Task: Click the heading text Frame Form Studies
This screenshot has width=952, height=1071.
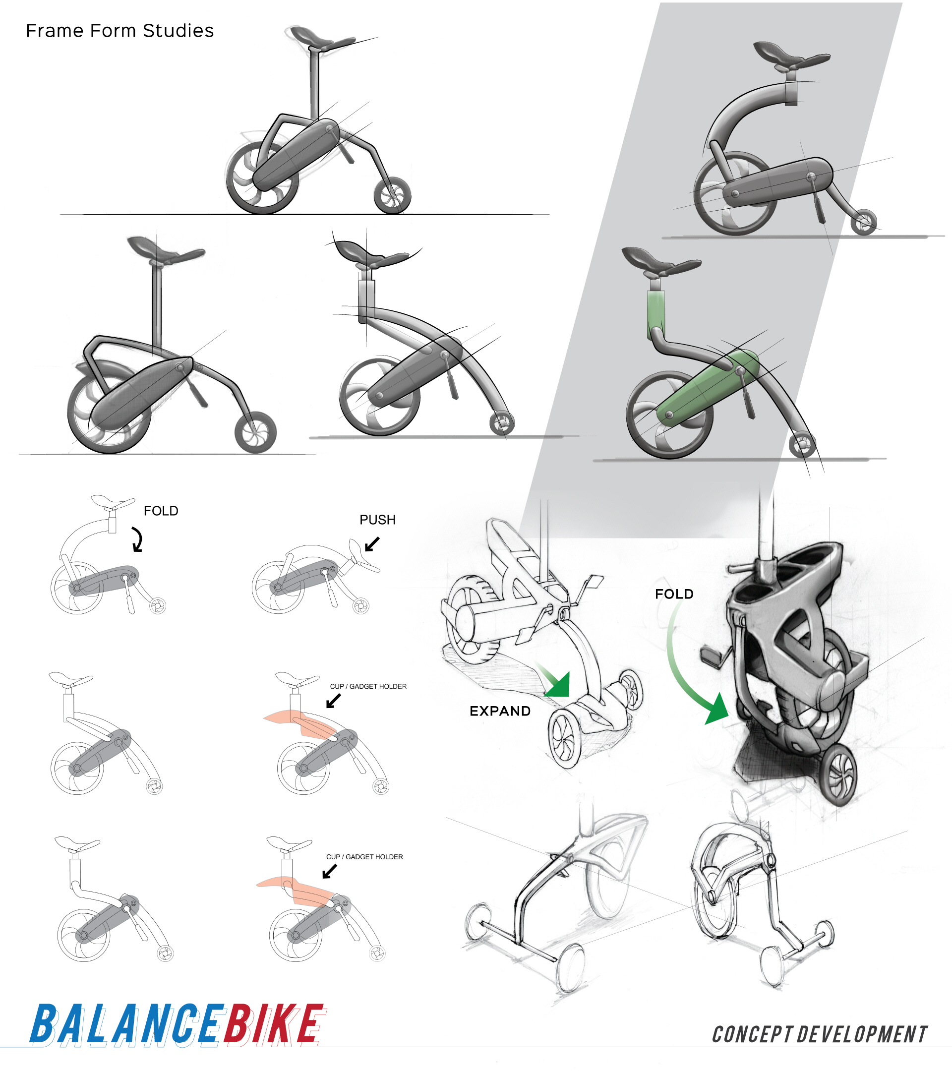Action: (119, 31)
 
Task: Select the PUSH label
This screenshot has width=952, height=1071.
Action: (377, 520)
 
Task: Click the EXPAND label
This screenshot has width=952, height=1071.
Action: (500, 712)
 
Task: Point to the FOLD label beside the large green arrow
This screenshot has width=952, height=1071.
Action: (674, 594)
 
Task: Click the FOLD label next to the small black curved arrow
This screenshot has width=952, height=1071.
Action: (161, 511)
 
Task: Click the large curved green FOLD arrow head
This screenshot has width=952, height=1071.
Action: (717, 710)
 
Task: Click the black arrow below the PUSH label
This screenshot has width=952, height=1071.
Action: (371, 544)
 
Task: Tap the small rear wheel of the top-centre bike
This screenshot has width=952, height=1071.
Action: (392, 195)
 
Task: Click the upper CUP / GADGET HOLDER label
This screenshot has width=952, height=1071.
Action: (368, 686)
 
